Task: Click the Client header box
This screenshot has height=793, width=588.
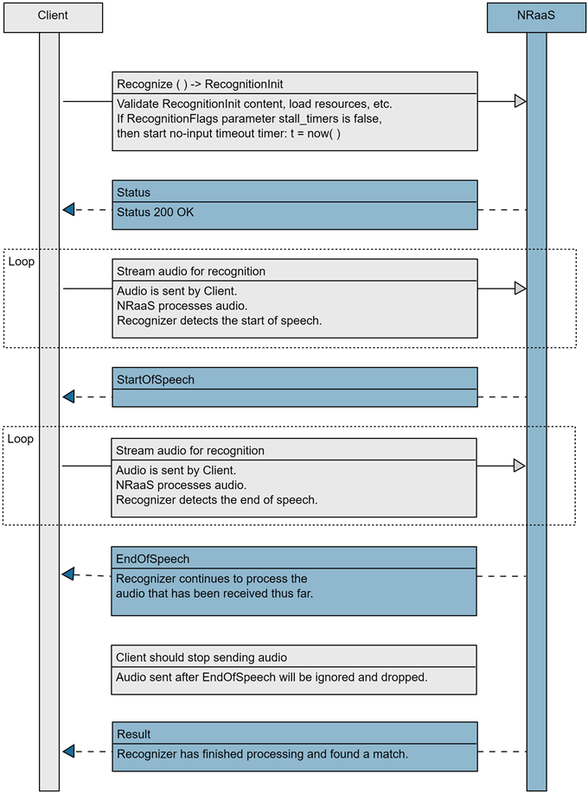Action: (x=53, y=16)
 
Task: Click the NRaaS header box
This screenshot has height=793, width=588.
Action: (x=536, y=16)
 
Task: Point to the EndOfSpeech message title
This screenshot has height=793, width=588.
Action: (x=152, y=559)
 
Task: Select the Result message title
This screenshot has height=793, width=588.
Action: (x=133, y=734)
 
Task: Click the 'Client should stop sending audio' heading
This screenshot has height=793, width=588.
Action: (x=201, y=657)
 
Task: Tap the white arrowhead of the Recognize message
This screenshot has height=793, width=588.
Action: (x=519, y=101)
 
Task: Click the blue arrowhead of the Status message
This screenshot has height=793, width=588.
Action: (x=69, y=209)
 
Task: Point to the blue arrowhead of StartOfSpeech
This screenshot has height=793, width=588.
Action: (x=69, y=396)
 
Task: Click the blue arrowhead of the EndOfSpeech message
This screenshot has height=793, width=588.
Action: (x=68, y=574)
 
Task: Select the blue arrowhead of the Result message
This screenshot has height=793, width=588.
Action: (x=69, y=751)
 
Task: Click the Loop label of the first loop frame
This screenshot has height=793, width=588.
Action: (x=21, y=261)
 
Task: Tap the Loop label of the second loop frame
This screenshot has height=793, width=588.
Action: (x=21, y=439)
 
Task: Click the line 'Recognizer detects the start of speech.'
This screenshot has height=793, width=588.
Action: (x=219, y=321)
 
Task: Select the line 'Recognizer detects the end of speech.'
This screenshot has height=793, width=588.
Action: (x=217, y=500)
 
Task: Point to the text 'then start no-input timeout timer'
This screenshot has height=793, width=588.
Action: (x=199, y=134)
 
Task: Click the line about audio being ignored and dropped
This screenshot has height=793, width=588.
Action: (x=272, y=677)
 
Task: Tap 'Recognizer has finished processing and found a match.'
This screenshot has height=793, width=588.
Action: (x=262, y=754)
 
